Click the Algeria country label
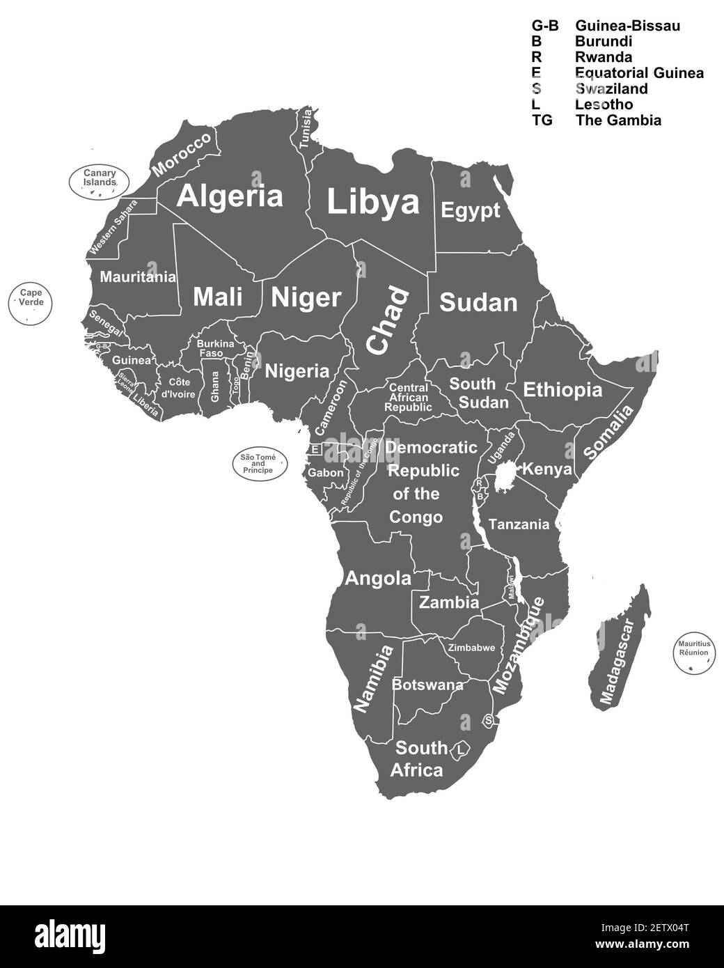(x=230, y=196)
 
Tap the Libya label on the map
(x=373, y=202)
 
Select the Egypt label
(x=471, y=210)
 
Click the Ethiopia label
(x=562, y=389)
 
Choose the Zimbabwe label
(x=471, y=648)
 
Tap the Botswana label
(x=427, y=685)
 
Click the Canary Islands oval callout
(x=99, y=178)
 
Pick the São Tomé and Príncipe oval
(x=258, y=463)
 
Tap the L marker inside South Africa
(x=460, y=750)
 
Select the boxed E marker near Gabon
(x=315, y=449)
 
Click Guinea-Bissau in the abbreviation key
(x=627, y=26)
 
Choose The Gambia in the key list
(x=618, y=120)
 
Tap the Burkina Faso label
(x=215, y=348)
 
